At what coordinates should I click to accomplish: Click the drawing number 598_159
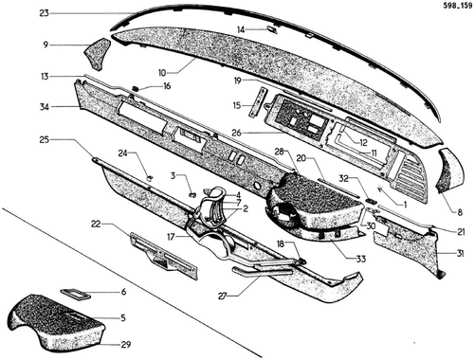457,6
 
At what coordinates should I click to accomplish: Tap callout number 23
45,13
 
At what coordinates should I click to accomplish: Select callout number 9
46,45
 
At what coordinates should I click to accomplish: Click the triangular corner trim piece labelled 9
97,53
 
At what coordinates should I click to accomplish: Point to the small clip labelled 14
272,29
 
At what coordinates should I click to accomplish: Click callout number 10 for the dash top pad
162,73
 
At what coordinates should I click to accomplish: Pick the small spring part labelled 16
136,88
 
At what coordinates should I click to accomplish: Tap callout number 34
45,107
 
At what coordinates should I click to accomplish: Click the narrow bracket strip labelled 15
259,102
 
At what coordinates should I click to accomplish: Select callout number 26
236,133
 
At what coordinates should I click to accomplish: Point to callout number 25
45,139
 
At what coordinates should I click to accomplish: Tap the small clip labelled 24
150,177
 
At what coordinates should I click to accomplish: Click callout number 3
173,175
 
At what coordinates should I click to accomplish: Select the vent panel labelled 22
164,256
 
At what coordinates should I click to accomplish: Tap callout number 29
126,344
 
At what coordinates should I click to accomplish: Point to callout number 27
223,297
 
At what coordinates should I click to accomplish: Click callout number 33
361,260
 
